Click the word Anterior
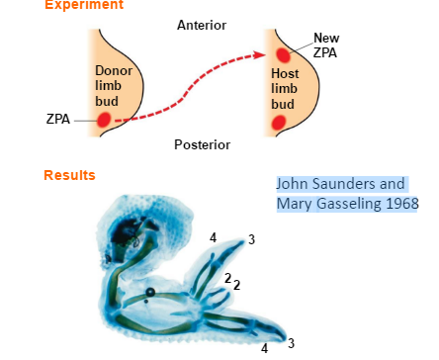click(202, 24)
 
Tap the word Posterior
click(202, 144)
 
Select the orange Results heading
click(69, 176)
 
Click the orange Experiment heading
click(84, 5)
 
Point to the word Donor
click(111, 71)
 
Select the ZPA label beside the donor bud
click(57, 120)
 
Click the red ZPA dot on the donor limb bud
click(104, 120)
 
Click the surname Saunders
click(352, 184)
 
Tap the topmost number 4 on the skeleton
click(213, 238)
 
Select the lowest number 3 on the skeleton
click(290, 343)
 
